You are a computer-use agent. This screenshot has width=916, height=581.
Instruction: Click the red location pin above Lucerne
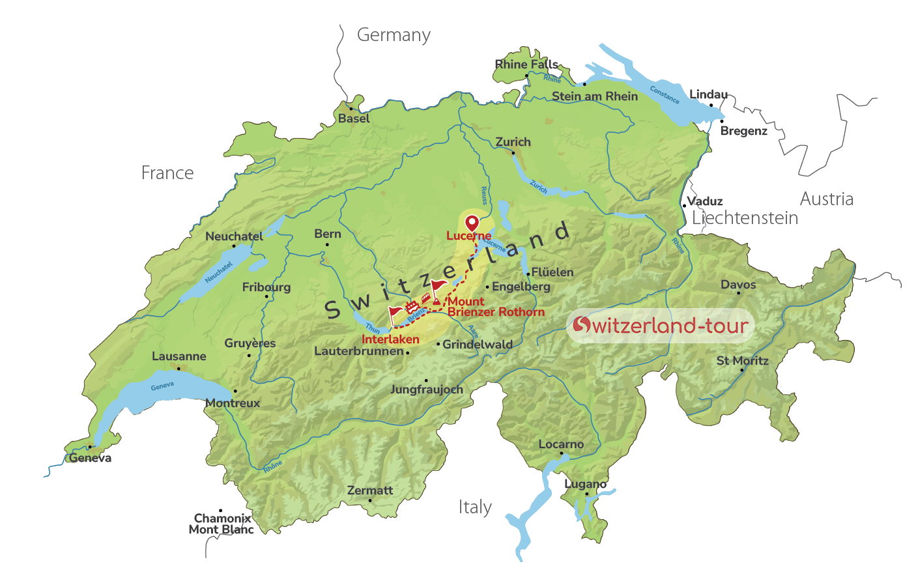[x=471, y=222]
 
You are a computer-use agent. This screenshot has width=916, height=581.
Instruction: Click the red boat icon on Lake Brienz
[x=412, y=306]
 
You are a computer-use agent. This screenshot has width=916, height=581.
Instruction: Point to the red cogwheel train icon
[x=425, y=298]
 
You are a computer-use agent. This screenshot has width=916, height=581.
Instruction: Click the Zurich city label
[x=513, y=142]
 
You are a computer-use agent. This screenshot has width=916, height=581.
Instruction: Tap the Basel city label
[x=354, y=119]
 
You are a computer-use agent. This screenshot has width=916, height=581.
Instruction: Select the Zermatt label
[x=370, y=490]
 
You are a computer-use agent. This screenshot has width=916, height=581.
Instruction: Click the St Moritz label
[x=742, y=361]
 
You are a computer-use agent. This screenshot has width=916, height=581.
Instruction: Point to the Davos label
[x=738, y=285]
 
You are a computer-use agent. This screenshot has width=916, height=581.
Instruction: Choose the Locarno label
[x=561, y=444]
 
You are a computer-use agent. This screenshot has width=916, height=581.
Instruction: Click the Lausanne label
[x=179, y=356]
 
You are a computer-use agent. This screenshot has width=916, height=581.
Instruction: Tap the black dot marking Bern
[x=327, y=245]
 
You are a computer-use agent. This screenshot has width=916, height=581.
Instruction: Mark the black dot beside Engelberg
[x=487, y=287]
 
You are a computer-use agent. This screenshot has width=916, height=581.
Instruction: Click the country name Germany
[x=394, y=35]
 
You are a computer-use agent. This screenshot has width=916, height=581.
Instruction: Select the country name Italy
[x=475, y=507]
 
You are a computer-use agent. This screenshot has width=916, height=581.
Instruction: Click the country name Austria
[x=826, y=199]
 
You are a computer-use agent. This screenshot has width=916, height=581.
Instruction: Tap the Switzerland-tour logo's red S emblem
[x=581, y=324]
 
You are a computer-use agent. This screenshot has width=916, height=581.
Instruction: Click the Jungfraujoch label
[x=426, y=390]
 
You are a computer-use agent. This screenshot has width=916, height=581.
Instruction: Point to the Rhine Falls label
[x=526, y=64]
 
